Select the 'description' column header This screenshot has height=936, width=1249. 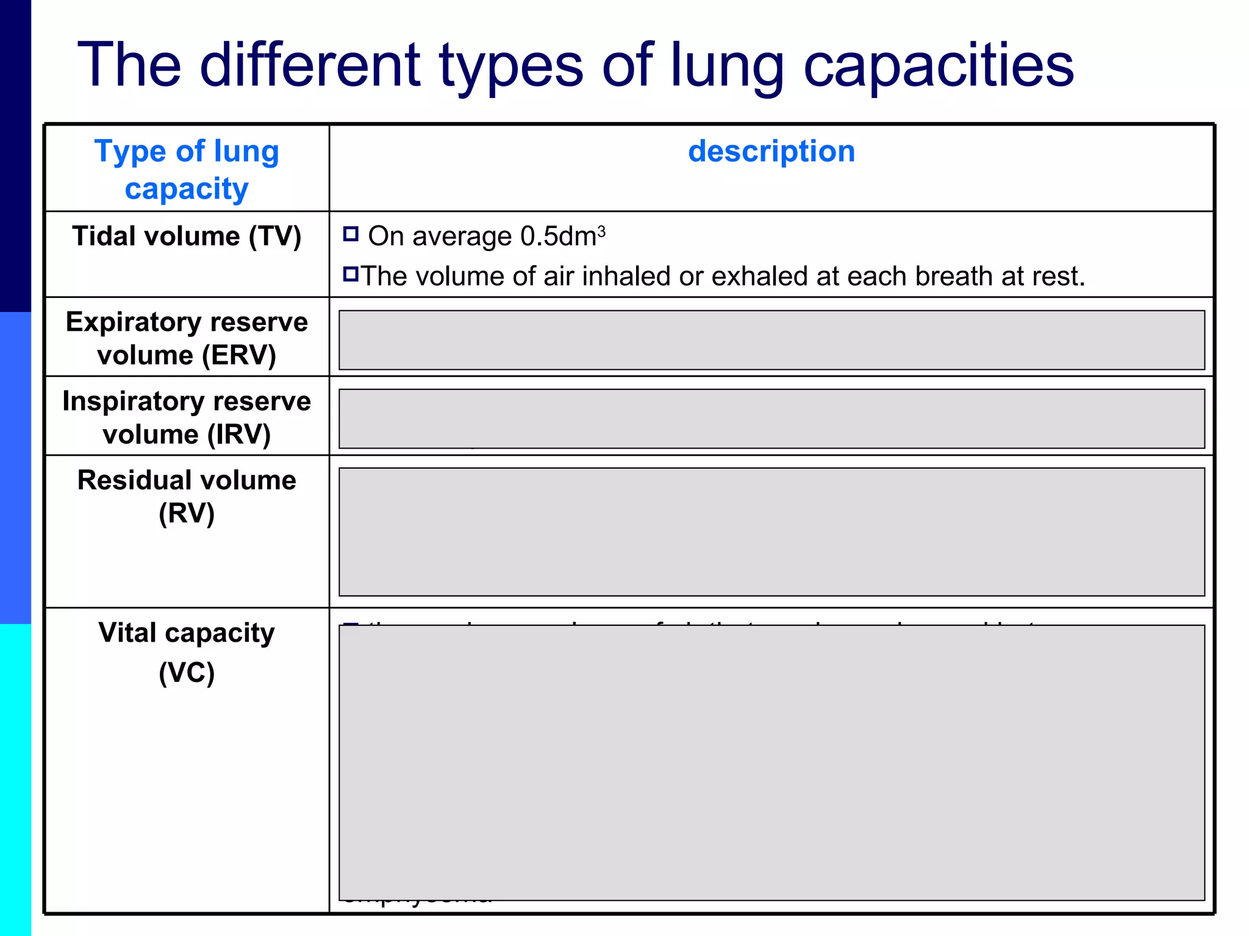click(x=771, y=151)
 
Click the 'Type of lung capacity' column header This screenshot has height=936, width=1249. click(x=187, y=169)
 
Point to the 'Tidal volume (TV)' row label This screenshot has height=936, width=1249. click(x=187, y=236)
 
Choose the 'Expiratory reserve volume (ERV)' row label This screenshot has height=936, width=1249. click(x=187, y=338)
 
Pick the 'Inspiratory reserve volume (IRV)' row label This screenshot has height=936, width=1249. click(x=187, y=417)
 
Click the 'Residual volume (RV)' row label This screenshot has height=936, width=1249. click(x=187, y=496)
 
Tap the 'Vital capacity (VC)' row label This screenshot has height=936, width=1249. click(x=187, y=652)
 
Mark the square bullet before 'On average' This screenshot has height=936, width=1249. click(x=351, y=234)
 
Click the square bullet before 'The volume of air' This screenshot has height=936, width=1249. click(x=351, y=274)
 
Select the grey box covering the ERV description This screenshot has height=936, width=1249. click(x=771, y=340)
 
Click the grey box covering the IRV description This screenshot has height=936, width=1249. click(x=771, y=419)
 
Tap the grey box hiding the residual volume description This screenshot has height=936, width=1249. click(x=771, y=531)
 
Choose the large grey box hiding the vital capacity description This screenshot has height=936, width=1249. click(x=771, y=762)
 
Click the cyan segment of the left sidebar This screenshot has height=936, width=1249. click(x=15, y=780)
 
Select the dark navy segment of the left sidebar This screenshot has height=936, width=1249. click(x=15, y=155)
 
